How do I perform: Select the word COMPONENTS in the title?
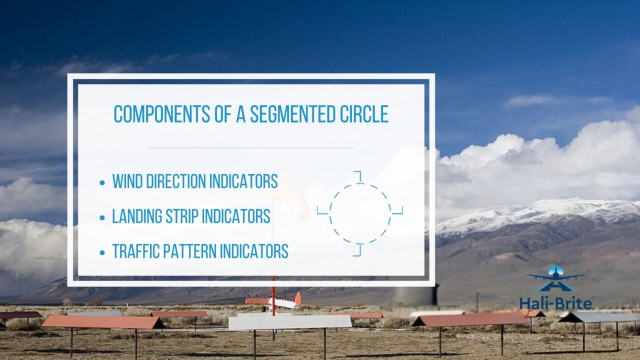(159, 114)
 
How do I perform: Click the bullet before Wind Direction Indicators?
(102, 182)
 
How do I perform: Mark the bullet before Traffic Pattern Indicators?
(102, 251)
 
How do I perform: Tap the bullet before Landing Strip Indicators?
(102, 217)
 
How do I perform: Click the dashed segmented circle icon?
(360, 213)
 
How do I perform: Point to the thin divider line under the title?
(251, 147)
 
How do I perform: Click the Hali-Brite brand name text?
(556, 302)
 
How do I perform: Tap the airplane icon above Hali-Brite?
(555, 278)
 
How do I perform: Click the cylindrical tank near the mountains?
(415, 295)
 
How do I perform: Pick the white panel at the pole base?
(290, 322)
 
